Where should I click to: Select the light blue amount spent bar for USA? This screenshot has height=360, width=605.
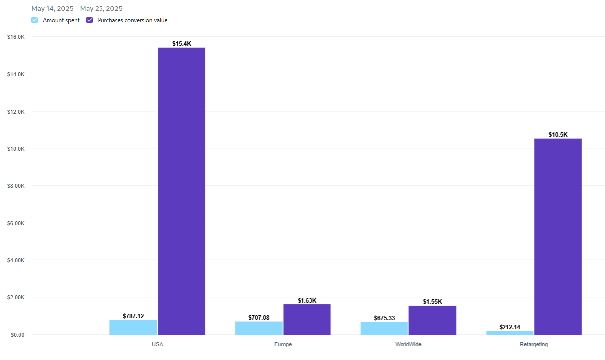pyautogui.click(x=133, y=327)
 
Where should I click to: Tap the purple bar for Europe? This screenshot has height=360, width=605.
pyautogui.click(x=307, y=319)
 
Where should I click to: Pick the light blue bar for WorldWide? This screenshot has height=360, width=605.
pyautogui.click(x=384, y=328)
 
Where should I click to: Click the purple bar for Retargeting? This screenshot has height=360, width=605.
pyautogui.click(x=558, y=237)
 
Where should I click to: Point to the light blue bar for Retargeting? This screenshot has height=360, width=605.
pyautogui.click(x=509, y=332)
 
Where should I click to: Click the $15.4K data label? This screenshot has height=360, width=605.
pyautogui.click(x=182, y=44)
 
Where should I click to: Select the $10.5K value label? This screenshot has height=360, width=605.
pyautogui.click(x=558, y=135)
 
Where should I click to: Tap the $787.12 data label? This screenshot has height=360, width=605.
pyautogui.click(x=133, y=316)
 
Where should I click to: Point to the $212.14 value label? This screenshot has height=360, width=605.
pyautogui.click(x=509, y=327)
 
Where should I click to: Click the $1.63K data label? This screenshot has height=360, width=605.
pyautogui.click(x=307, y=301)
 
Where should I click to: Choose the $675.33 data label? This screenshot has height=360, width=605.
pyautogui.click(x=384, y=318)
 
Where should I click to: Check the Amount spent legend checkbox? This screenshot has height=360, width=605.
pyautogui.click(x=34, y=20)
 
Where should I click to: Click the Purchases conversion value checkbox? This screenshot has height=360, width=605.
pyautogui.click(x=90, y=20)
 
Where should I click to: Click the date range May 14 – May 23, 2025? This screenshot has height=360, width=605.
pyautogui.click(x=77, y=9)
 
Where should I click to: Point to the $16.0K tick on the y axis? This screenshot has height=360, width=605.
pyautogui.click(x=16, y=37)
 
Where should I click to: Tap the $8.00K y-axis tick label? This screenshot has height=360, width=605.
pyautogui.click(x=16, y=186)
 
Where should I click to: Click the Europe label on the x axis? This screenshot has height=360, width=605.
pyautogui.click(x=283, y=344)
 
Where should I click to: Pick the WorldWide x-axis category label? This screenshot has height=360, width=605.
pyautogui.click(x=408, y=344)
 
